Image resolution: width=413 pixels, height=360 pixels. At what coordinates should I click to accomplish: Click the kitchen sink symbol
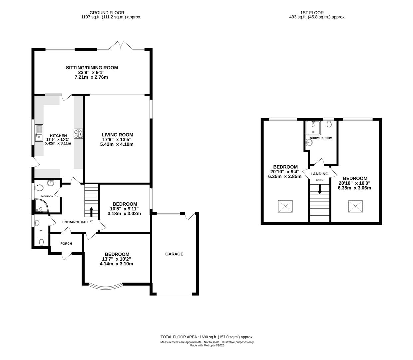coord(39,133)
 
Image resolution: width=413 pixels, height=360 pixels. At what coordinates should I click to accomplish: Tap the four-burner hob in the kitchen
coord(78,134)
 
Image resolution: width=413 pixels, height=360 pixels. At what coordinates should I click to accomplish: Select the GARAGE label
coord(174,254)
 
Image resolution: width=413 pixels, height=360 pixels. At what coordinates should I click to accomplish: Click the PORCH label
coord(66,243)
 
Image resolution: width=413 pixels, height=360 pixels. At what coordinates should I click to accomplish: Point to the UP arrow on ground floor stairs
coord(91,212)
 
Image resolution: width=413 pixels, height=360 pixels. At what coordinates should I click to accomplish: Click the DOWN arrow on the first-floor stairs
coord(319,189)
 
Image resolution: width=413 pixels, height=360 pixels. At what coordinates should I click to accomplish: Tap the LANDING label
coord(319,174)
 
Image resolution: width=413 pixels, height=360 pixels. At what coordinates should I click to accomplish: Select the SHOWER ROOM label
coord(321,138)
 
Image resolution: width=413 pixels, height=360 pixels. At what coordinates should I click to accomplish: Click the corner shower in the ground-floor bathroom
coord(41,206)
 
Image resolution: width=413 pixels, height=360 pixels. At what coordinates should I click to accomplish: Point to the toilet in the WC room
coord(42,242)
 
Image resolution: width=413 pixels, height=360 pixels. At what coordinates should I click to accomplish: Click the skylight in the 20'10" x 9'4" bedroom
coord(285,206)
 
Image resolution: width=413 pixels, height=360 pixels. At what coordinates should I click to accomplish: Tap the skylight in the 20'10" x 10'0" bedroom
coord(355,206)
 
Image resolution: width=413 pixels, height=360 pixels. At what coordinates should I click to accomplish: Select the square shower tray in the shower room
coord(313,128)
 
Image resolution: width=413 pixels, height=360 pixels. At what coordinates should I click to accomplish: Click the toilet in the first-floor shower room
coord(329,124)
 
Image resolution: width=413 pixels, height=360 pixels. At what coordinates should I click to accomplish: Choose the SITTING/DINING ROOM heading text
coord(92,68)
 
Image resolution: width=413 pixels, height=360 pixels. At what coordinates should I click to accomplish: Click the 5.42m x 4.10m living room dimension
coord(117,144)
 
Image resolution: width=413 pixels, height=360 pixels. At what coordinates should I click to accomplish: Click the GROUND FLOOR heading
coord(107,13)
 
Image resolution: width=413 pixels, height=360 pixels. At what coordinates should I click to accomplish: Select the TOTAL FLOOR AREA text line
coord(207,337)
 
